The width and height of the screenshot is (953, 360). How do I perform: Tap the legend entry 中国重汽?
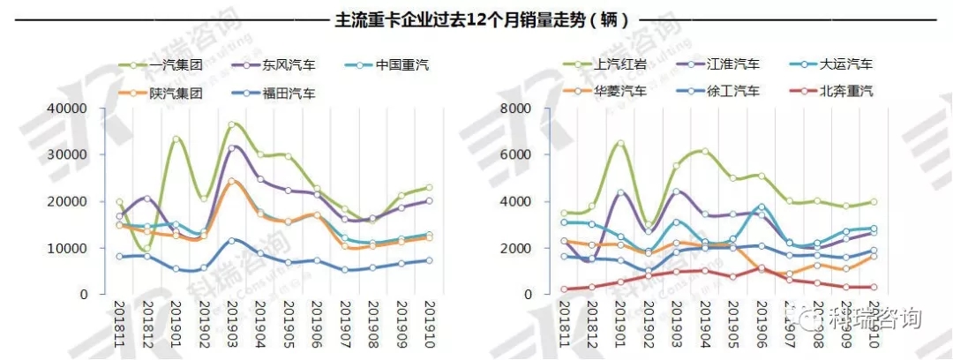(401, 65)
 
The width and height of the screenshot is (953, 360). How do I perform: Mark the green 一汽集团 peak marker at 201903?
(232, 125)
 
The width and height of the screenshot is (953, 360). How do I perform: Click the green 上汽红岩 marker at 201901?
(620, 143)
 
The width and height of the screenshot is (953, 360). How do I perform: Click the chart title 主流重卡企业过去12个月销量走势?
(476, 19)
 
